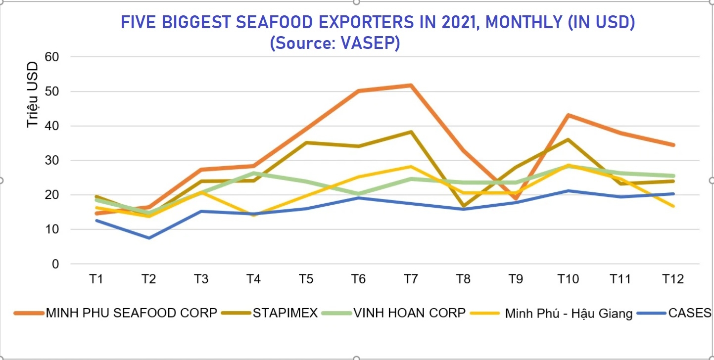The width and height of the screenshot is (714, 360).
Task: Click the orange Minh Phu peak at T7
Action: (410, 86)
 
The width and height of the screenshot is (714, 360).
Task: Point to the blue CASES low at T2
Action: (148, 238)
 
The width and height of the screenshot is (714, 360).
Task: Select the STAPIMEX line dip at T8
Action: (463, 206)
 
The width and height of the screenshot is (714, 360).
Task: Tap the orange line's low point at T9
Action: (516, 199)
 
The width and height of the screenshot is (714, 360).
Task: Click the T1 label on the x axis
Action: (96, 279)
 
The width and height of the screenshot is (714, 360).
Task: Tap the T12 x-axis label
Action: (673, 279)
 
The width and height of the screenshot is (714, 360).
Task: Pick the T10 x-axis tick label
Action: (568, 279)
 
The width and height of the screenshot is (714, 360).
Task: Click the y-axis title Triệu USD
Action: (33, 95)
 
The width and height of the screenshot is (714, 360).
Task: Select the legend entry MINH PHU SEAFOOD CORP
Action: (131, 313)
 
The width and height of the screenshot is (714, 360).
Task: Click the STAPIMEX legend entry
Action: (285, 313)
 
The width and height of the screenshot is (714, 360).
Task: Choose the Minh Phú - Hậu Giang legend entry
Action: (569, 314)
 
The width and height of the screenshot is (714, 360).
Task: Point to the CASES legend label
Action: (689, 313)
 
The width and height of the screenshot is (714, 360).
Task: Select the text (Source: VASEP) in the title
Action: (335, 43)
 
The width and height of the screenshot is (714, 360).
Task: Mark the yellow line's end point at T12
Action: (673, 206)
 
